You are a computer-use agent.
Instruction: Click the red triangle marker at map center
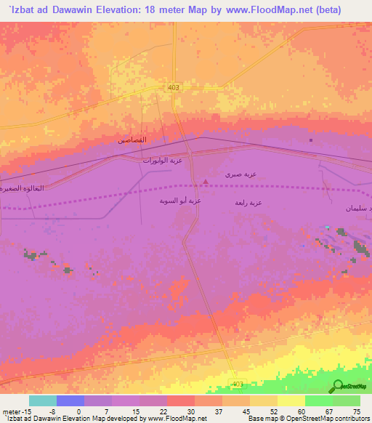(x=206, y=182)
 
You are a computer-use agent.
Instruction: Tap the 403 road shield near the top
(x=172, y=88)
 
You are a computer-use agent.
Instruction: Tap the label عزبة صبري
(x=241, y=174)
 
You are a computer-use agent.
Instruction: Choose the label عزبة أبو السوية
(x=180, y=200)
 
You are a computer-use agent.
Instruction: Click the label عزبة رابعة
(x=248, y=203)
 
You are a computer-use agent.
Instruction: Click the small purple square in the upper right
(x=311, y=140)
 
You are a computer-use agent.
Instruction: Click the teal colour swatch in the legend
(x=43, y=400)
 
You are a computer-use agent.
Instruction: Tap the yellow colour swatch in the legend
(x=291, y=400)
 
